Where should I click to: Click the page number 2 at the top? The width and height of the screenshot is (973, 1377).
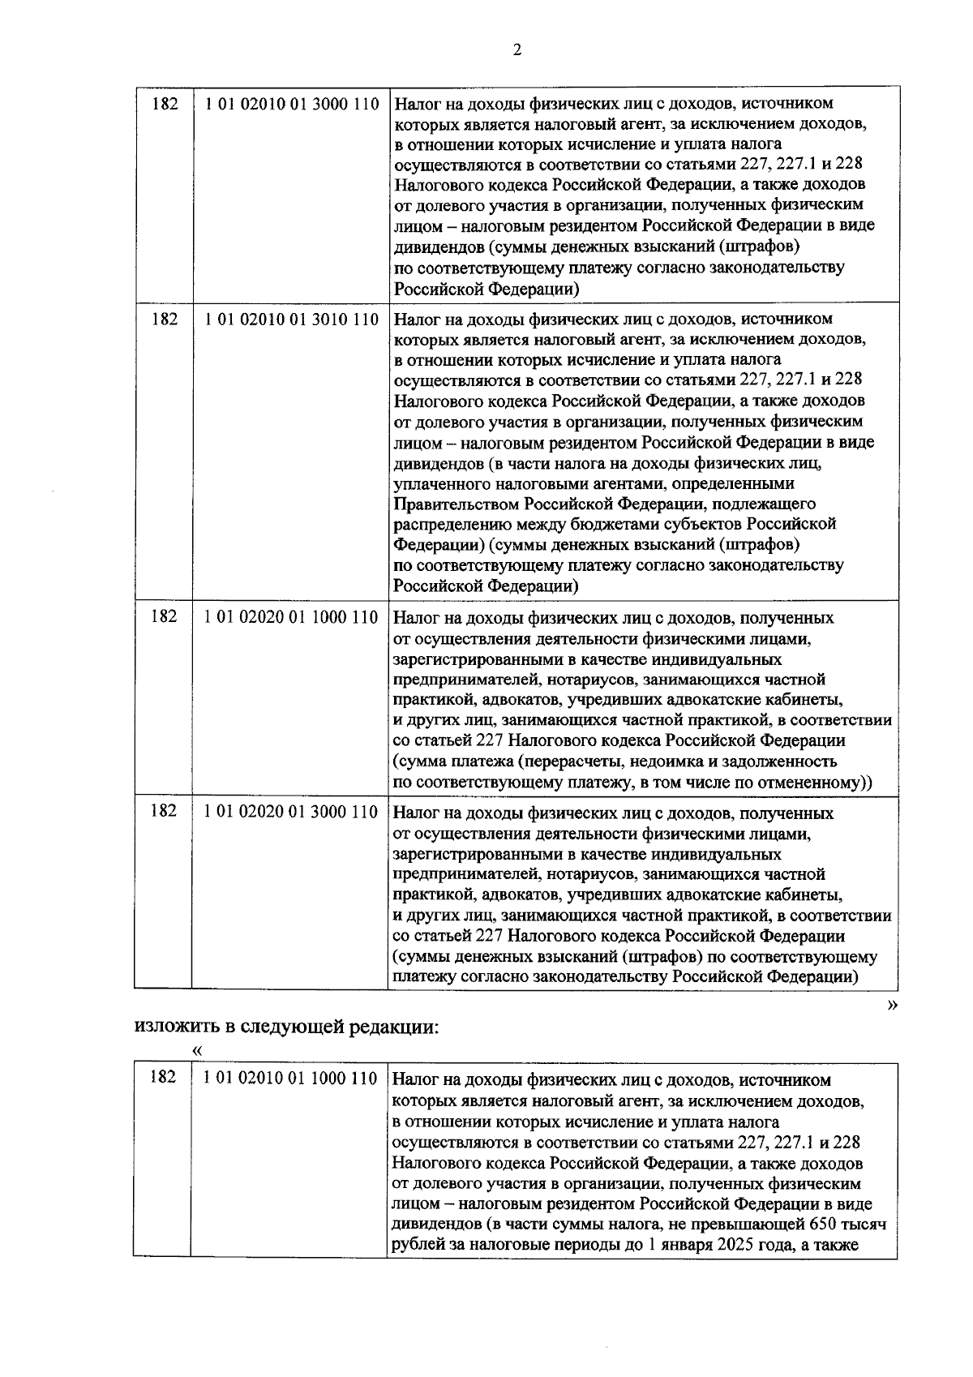(x=517, y=50)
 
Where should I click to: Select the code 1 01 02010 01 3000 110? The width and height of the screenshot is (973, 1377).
(x=291, y=104)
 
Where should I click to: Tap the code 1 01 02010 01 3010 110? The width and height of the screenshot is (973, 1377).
(x=291, y=319)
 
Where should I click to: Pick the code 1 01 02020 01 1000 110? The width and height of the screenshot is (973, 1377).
(x=291, y=617)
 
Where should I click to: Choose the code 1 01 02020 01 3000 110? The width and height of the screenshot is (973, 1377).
(x=291, y=812)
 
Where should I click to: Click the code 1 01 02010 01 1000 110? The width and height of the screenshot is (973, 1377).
(x=291, y=1079)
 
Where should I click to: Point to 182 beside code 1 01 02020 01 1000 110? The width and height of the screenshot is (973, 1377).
(x=164, y=616)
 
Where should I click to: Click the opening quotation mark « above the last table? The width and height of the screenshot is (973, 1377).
(x=195, y=1051)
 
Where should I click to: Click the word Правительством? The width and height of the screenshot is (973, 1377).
(x=461, y=504)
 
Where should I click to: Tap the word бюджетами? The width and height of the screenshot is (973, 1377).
(x=641, y=524)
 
